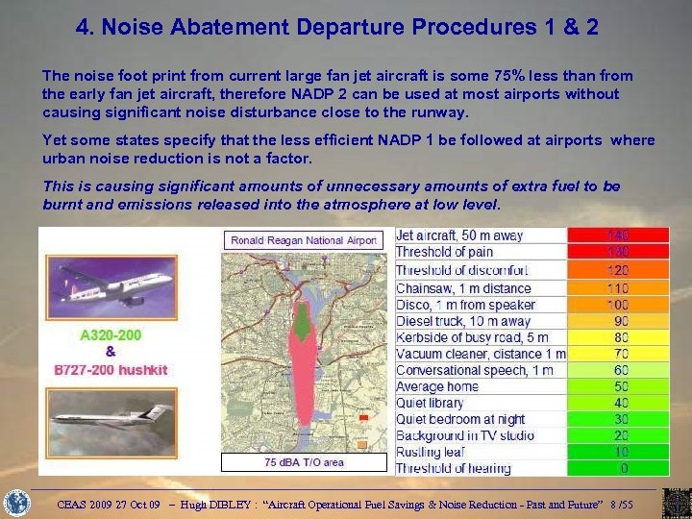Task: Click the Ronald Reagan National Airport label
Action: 303,240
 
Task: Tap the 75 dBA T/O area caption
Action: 303,462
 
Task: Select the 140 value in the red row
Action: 617,235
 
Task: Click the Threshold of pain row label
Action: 443,252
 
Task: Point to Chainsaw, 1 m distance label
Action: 463,288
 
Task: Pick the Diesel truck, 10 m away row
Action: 463,321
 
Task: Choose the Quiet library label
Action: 430,403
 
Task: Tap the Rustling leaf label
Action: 430,452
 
